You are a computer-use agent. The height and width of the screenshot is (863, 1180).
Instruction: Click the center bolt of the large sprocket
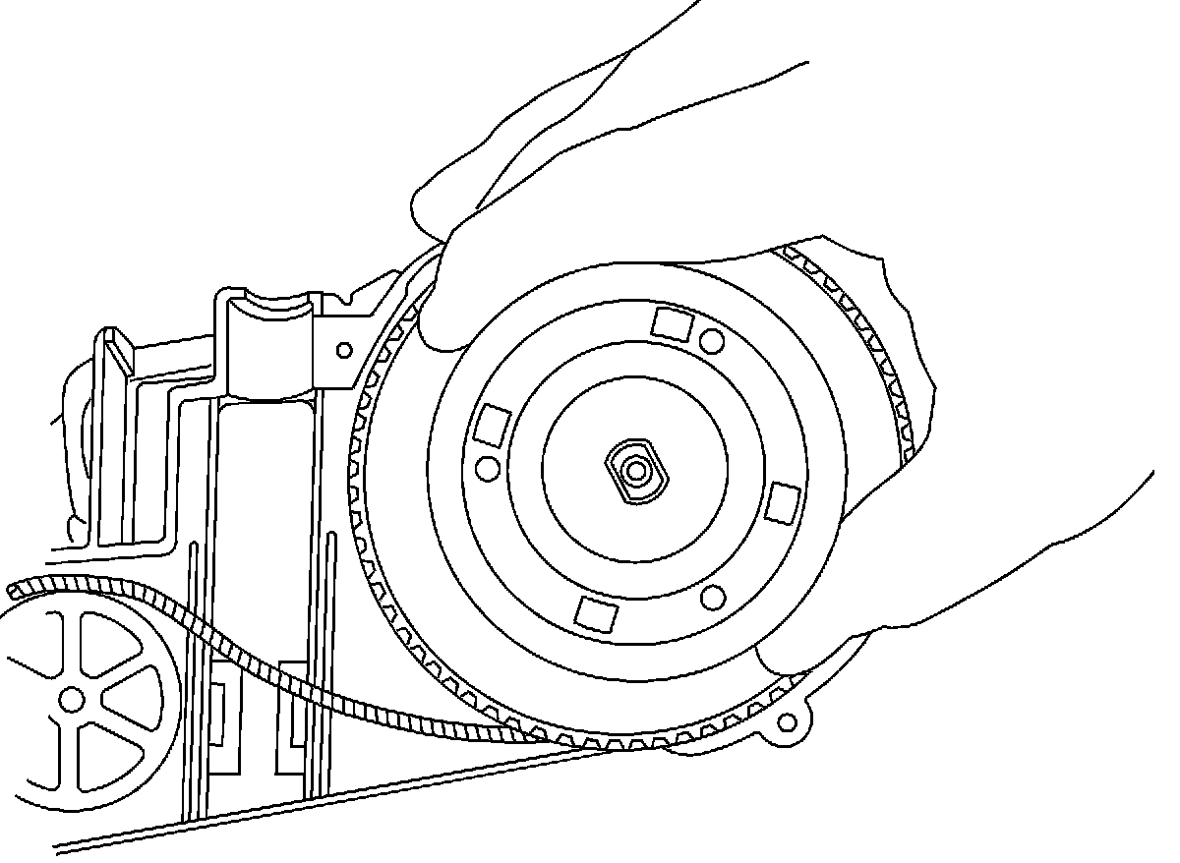tap(636, 470)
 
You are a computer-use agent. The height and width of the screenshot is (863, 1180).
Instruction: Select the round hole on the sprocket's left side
tap(487, 469)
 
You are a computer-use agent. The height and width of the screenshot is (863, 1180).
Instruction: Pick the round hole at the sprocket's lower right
tap(715, 596)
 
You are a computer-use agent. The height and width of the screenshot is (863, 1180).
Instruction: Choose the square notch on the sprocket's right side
tap(784, 501)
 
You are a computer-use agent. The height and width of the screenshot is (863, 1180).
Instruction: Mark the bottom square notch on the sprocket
tap(597, 612)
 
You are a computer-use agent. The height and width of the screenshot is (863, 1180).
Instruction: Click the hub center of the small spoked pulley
tap(71, 700)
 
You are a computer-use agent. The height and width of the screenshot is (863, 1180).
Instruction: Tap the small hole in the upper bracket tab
tap(344, 349)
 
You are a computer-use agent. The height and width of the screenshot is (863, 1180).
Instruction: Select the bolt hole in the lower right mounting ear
tap(786, 724)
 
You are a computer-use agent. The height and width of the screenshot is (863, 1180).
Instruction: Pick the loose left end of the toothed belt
tap(14, 592)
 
